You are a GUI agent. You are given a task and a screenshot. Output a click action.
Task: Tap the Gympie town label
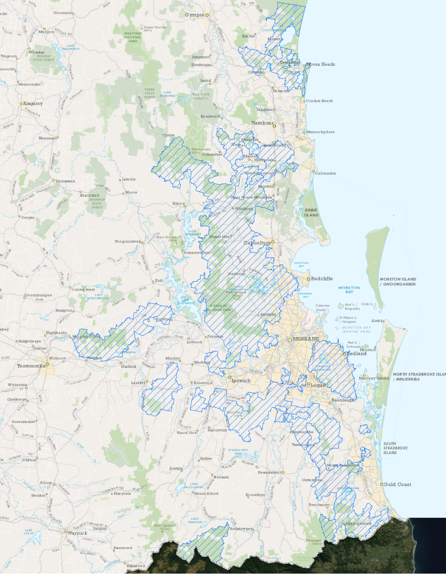(x=194, y=15)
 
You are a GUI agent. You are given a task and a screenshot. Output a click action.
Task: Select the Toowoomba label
(x=31, y=366)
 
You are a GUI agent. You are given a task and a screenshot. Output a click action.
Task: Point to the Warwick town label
(x=78, y=533)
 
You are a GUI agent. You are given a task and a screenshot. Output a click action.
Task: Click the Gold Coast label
(x=397, y=484)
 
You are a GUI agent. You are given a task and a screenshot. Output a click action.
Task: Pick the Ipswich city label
(x=241, y=380)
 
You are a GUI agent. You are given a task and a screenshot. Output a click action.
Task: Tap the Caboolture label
(x=257, y=243)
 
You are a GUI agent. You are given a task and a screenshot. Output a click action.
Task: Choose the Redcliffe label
(x=321, y=279)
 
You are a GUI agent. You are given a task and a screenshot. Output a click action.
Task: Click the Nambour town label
(x=262, y=123)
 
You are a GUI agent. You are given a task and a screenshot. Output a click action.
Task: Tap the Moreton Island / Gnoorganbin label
(x=397, y=282)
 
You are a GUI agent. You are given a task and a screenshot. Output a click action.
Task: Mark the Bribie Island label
(x=311, y=212)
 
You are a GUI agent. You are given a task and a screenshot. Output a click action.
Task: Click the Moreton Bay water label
(x=349, y=290)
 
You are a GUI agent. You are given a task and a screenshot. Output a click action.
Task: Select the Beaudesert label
(x=270, y=472)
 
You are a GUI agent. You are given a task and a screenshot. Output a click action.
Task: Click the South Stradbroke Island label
(x=389, y=448)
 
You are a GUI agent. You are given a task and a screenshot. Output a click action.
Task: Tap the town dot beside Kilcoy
(x=186, y=204)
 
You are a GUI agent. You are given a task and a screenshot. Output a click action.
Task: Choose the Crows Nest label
(x=84, y=289)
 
